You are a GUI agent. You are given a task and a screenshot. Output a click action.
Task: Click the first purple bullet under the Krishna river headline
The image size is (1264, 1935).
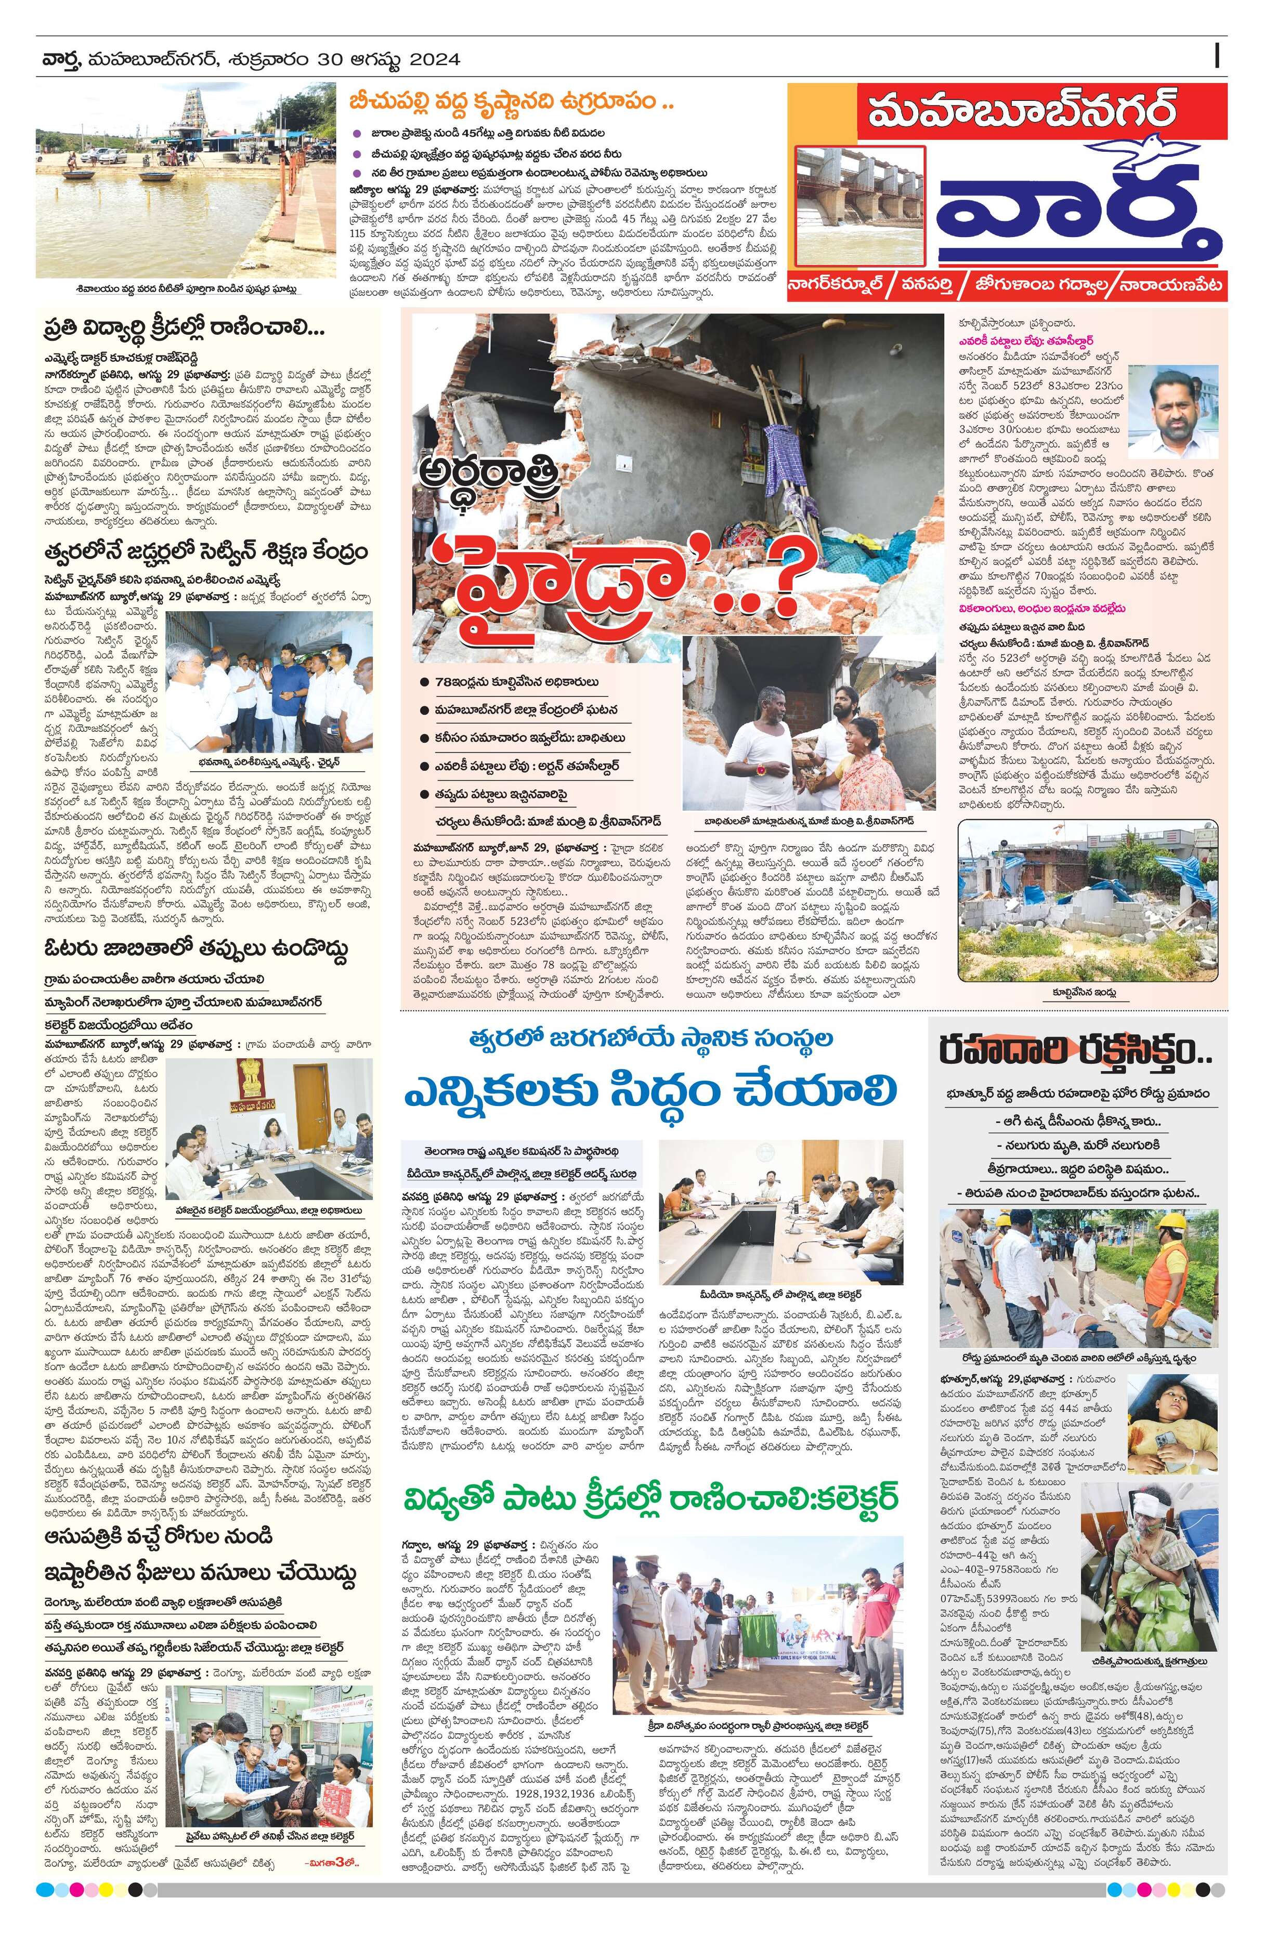pyautogui.click(x=356, y=133)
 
